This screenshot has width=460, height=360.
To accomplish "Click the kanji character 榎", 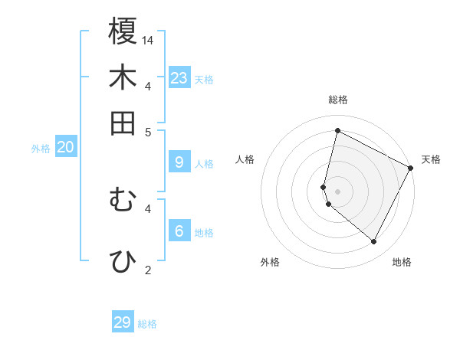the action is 123,31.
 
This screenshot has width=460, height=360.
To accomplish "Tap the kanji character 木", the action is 123,77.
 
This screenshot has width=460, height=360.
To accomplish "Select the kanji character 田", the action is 123,123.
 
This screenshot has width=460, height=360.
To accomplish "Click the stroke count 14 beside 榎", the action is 148,40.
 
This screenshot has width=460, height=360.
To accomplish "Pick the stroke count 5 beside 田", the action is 149,132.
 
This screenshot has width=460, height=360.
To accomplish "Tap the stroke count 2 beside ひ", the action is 149,270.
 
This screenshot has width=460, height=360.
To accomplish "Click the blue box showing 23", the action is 179,77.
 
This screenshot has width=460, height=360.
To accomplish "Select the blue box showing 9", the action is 179,162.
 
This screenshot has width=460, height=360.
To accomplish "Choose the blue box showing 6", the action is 179,231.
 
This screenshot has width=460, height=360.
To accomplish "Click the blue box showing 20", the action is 65,147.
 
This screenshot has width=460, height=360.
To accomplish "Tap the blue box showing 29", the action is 123,322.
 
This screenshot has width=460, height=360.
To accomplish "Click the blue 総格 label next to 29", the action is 148,325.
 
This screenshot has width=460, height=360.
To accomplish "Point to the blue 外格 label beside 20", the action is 41,149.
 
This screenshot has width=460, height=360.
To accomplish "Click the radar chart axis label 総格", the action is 337,100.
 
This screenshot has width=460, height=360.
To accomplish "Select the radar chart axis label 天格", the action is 431,159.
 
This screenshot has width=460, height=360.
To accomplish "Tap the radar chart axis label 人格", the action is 245,159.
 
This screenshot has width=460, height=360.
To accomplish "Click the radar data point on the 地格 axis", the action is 374,242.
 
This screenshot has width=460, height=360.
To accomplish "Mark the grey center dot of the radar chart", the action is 337,191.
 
